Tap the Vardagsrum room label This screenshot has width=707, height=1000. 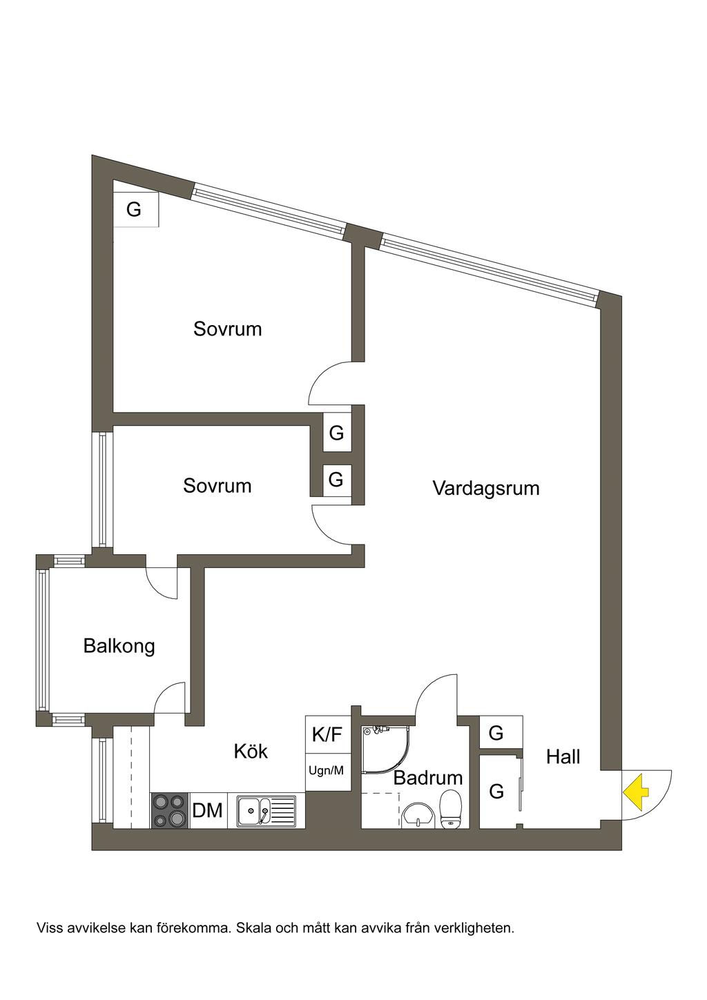click(x=485, y=489)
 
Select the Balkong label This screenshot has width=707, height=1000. click(x=119, y=646)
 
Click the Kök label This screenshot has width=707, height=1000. click(x=251, y=751)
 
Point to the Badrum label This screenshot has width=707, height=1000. click(x=428, y=778)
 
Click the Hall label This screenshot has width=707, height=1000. click(x=563, y=757)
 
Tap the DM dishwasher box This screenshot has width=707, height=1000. click(x=207, y=810)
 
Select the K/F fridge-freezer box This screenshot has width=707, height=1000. click(x=327, y=734)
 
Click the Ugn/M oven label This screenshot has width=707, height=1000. click(x=326, y=771)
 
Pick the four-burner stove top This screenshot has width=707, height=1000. click(x=169, y=810)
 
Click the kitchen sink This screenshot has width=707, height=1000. click(x=266, y=810)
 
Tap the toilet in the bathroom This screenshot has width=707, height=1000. click(x=450, y=809)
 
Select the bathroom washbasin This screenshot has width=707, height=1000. click(x=419, y=814)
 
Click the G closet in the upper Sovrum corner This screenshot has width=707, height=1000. click(x=134, y=208)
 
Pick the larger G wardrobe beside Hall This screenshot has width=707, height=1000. click(x=497, y=792)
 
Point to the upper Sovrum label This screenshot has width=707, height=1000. click(x=227, y=329)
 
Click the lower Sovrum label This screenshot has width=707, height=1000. click(x=217, y=486)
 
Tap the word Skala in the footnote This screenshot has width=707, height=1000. click(x=254, y=928)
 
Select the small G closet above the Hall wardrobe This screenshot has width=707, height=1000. click(x=496, y=733)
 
